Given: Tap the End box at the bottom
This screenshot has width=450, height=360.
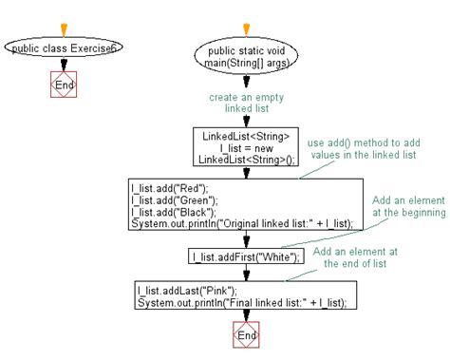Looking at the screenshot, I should [x=247, y=335].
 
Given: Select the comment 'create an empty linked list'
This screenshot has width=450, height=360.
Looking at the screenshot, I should [x=247, y=103].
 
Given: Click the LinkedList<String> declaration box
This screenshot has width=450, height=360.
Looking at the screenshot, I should [x=247, y=147].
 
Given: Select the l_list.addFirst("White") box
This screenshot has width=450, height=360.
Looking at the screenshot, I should [x=247, y=256].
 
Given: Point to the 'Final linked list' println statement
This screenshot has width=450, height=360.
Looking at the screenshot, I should [x=239, y=301].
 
